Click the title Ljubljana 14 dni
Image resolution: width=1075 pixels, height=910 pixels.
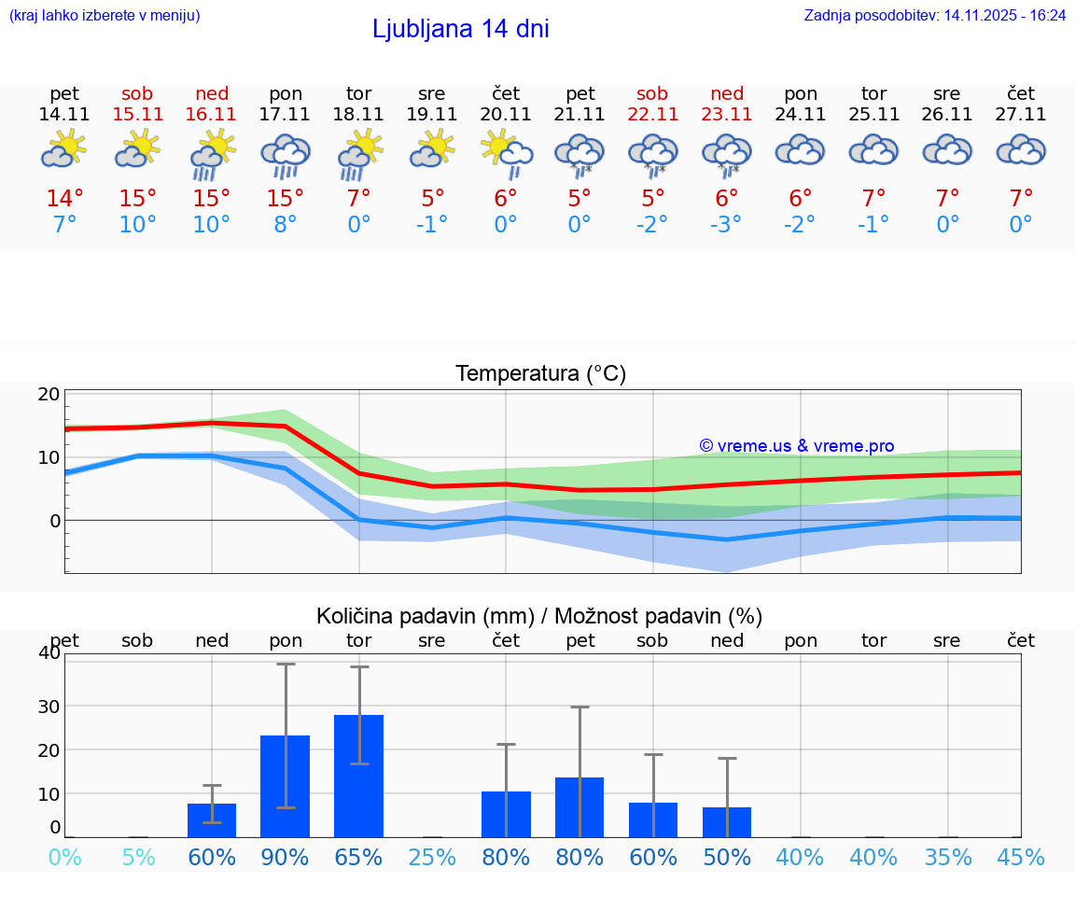[x=460, y=29]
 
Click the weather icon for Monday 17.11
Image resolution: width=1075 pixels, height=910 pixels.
[x=285, y=154]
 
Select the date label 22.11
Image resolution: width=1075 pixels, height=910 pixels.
[x=652, y=115]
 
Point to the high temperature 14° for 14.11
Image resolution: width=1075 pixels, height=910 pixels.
[x=64, y=198]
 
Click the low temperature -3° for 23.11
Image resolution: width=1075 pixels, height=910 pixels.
[x=726, y=225]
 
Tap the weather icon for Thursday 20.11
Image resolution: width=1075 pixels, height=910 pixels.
[x=506, y=152]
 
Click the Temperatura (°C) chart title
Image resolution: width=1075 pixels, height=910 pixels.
[x=540, y=373]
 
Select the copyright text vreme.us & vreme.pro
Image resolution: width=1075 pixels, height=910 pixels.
[x=796, y=446]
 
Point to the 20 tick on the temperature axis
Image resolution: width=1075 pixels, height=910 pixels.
[x=49, y=395]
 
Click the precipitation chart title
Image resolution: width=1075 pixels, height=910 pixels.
[x=538, y=616]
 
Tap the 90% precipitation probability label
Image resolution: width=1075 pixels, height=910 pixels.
[x=285, y=857]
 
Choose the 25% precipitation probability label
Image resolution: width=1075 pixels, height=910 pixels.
[x=432, y=857]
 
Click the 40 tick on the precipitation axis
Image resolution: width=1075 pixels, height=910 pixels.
[x=49, y=653]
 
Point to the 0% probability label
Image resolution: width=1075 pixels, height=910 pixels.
[x=64, y=857]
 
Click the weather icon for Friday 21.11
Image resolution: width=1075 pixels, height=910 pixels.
[x=579, y=154]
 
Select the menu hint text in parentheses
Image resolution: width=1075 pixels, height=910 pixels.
[x=105, y=15]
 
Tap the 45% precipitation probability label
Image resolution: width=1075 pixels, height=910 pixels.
[x=1021, y=857]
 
